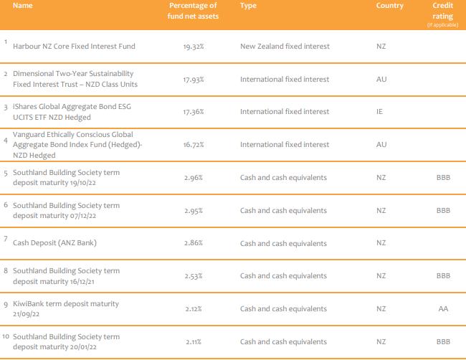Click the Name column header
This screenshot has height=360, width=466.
[23, 6]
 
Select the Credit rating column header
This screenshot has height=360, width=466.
[442, 9]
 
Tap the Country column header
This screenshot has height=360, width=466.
[389, 6]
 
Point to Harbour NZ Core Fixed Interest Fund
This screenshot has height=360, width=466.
[84, 47]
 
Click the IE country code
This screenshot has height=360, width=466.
[380, 112]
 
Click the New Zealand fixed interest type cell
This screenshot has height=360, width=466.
[285, 47]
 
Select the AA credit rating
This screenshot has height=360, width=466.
[443, 309]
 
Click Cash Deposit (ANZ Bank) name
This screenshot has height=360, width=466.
[54, 243]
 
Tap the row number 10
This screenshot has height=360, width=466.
[6, 336]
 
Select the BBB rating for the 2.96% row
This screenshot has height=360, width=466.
[443, 178]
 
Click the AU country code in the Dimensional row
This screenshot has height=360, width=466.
[381, 79]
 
